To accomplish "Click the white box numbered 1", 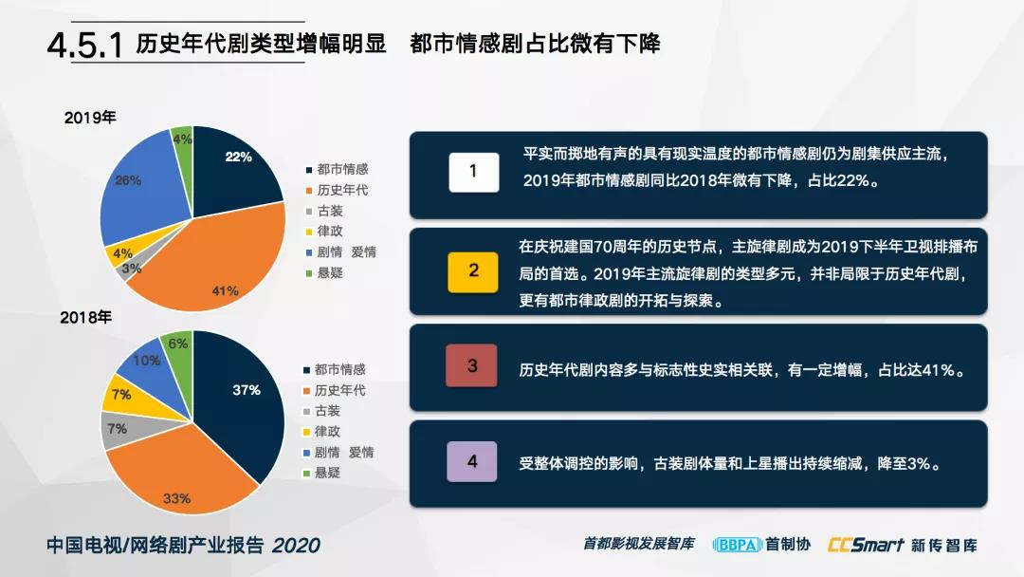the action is pos(474,172).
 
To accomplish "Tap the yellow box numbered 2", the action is pos(473,271).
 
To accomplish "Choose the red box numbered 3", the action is pos(471,366).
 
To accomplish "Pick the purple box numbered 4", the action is pos(471,461).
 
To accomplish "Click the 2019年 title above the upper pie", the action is pos(90,118).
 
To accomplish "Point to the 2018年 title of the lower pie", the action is pos(86,318).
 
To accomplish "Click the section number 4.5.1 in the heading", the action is pos(85,46).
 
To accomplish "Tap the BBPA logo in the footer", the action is pos(738,545).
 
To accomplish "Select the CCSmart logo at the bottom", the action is pos(866,545).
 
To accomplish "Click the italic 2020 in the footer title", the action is pos(296,546).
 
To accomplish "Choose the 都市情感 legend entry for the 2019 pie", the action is pos(337,169).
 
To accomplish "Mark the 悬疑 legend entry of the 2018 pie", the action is pos(322,474).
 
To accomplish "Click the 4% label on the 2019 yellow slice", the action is pos(122,253).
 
